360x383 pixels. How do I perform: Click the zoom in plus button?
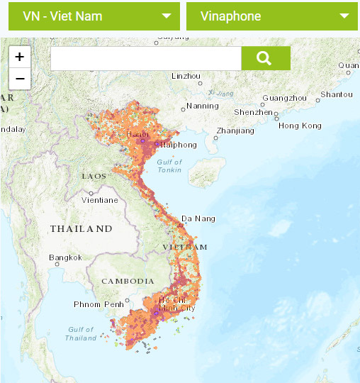[20, 57]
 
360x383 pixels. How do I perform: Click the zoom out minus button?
[20, 79]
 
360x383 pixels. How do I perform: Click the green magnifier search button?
[266, 58]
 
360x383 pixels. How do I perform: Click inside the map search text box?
[146, 59]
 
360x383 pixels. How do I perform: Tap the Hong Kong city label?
[300, 126]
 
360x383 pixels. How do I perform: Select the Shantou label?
[336, 94]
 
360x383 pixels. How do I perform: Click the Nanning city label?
[203, 106]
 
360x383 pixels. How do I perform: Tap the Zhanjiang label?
[235, 131]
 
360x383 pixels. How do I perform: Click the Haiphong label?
[178, 145]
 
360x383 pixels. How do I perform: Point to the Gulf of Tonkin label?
[168, 166]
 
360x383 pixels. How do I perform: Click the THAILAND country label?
[81, 228]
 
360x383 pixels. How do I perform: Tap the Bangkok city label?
[66, 257]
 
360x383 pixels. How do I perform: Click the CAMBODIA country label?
[128, 281]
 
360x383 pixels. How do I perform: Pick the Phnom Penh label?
[99, 304]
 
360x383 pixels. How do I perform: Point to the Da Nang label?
[198, 218]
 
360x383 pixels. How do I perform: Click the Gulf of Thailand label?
[81, 333]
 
